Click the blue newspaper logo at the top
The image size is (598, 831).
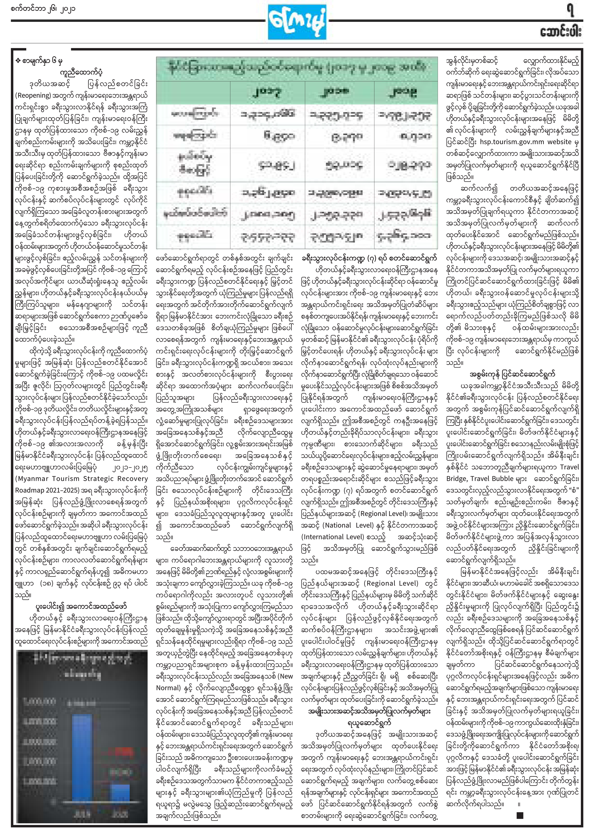(297, 22)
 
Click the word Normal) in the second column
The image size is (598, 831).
(168, 688)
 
